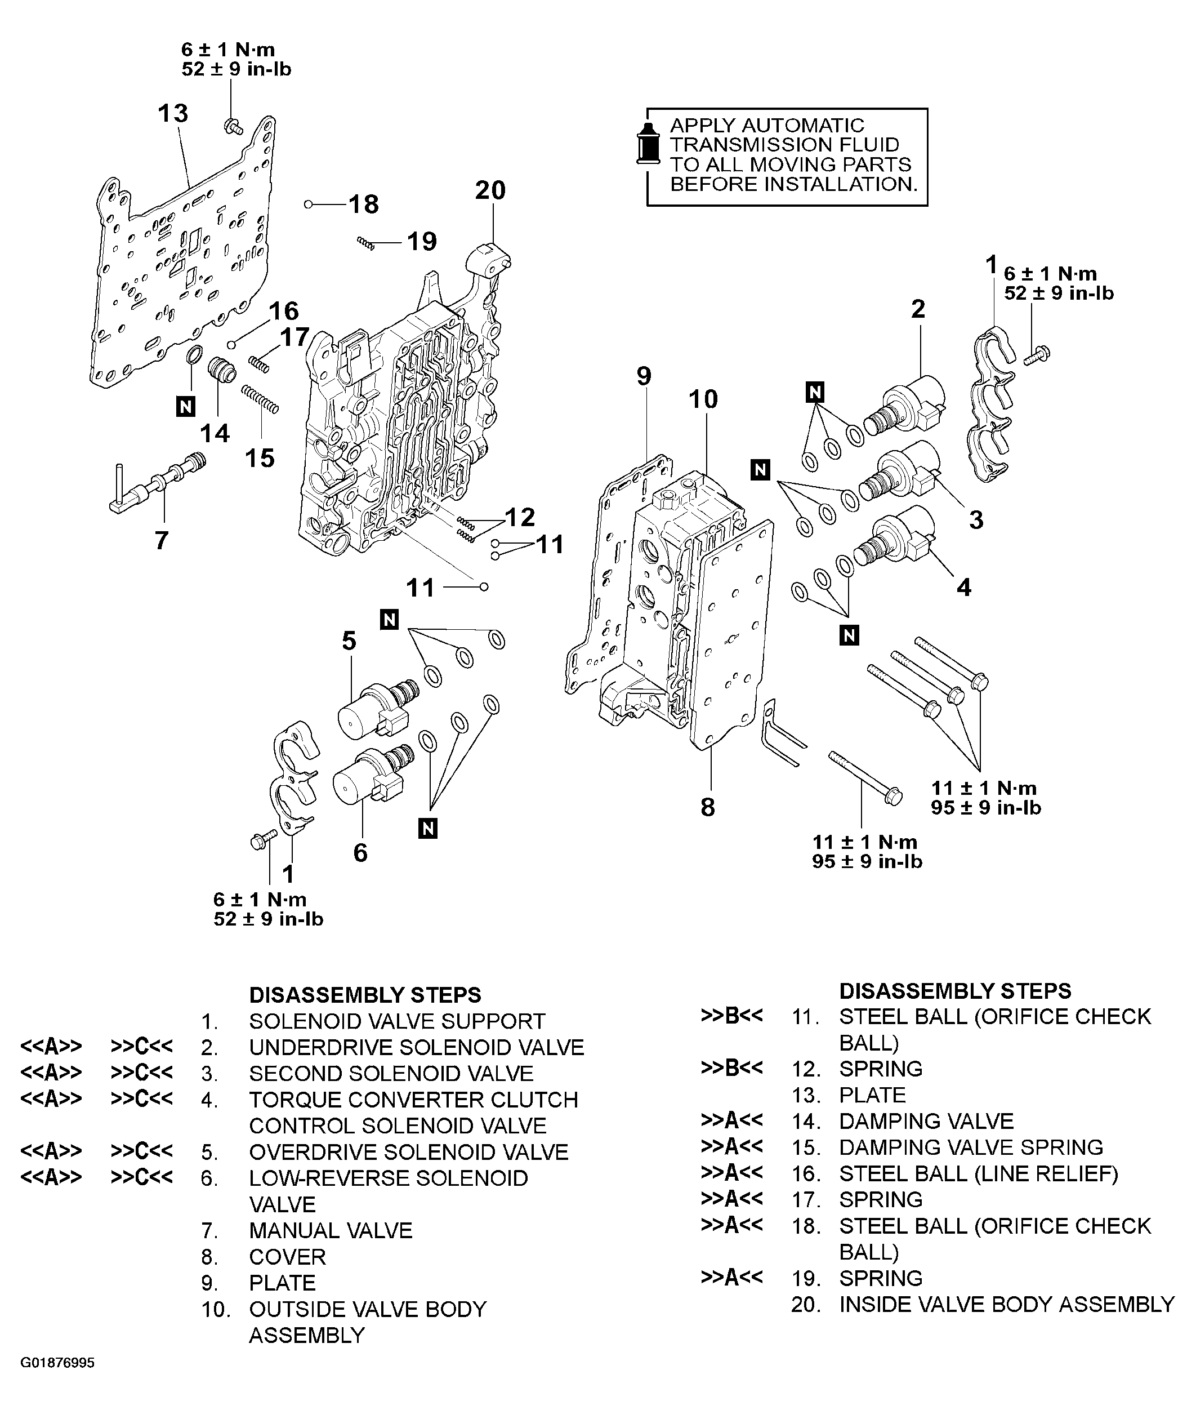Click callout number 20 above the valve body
point(490,190)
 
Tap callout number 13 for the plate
point(173,113)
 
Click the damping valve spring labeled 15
point(260,399)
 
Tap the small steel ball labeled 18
point(309,203)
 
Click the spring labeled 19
point(365,242)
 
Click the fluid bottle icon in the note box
point(649,144)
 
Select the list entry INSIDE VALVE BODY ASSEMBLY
point(1006,1304)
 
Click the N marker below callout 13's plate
point(185,406)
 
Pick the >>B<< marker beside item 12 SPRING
point(731,1067)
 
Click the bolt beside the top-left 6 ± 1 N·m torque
point(233,126)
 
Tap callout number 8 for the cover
point(708,808)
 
